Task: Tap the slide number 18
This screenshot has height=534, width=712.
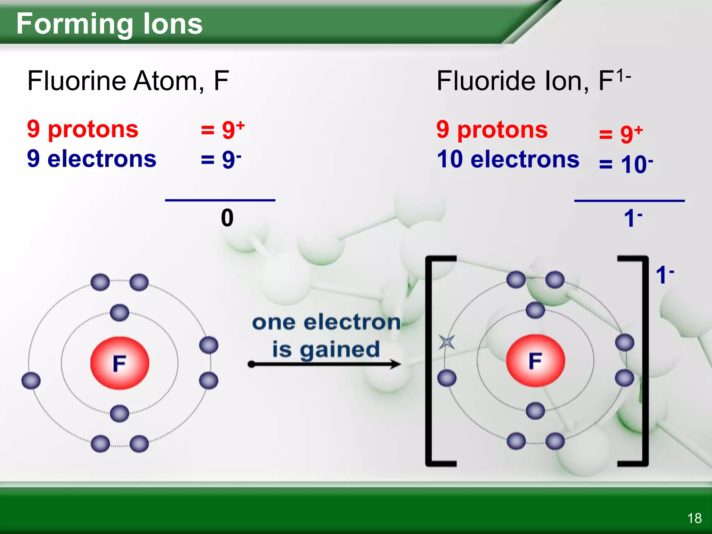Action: tap(694, 518)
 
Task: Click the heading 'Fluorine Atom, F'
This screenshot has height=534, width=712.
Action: tap(128, 81)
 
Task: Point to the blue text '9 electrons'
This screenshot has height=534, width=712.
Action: tap(92, 159)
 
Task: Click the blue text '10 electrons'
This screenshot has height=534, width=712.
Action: tap(508, 159)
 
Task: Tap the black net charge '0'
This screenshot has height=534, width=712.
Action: tap(227, 218)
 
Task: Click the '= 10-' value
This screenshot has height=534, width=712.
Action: tap(625, 164)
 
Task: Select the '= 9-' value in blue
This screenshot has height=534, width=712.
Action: tap(221, 160)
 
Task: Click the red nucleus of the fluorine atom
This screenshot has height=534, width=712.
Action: tap(120, 363)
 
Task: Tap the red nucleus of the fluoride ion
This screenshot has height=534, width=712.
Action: tap(535, 361)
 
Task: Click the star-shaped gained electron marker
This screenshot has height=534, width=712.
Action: tap(447, 342)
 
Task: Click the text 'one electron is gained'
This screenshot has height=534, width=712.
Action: tap(326, 336)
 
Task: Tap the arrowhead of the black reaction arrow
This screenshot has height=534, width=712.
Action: tap(395, 364)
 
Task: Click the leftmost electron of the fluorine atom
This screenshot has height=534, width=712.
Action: tap(31, 380)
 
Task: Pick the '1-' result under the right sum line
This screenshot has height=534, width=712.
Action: tap(633, 218)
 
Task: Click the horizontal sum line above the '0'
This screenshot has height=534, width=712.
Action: tap(220, 200)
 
